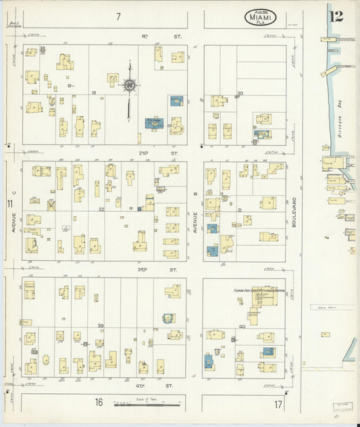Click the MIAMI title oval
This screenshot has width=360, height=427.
(x=261, y=17)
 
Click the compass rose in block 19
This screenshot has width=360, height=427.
(x=128, y=85)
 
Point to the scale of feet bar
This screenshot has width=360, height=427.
(x=147, y=405)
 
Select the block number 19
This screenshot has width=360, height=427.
(x=94, y=92)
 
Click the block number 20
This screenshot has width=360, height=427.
(x=239, y=93)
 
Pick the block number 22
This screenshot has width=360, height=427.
(x=101, y=209)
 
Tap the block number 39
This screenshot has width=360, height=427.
(x=101, y=326)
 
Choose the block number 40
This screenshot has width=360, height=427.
(x=241, y=327)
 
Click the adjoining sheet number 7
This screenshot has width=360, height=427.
(x=118, y=16)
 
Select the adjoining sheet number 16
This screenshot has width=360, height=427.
(x=99, y=403)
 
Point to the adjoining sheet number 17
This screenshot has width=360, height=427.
(x=278, y=404)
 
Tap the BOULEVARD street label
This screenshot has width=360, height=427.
(x=294, y=211)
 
